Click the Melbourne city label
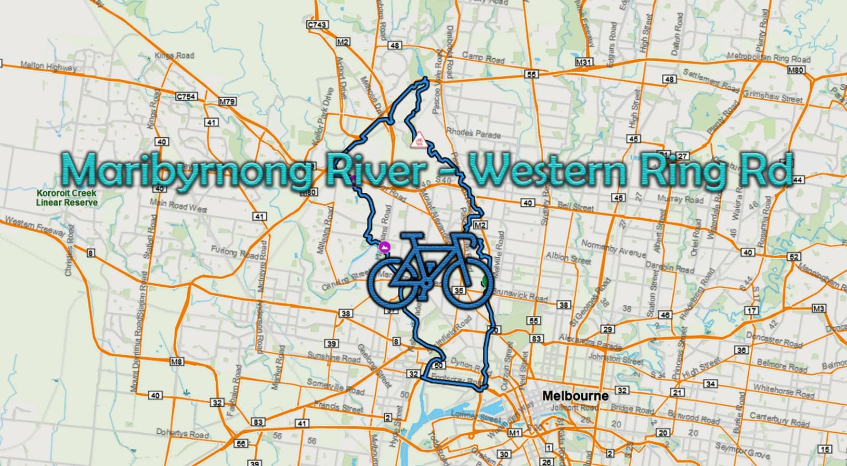pos(575,396)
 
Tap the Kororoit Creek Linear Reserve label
pos(67,198)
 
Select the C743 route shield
pos(317,24)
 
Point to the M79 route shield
pos(227,102)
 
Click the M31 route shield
pos(584,62)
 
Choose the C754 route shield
pos(186,96)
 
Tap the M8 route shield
pos(177,362)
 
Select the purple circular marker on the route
pos(384,247)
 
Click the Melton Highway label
pos(48,66)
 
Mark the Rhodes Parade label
pos(474,133)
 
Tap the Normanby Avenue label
pos(614,249)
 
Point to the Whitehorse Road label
pos(784,391)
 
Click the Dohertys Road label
pos(183,433)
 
